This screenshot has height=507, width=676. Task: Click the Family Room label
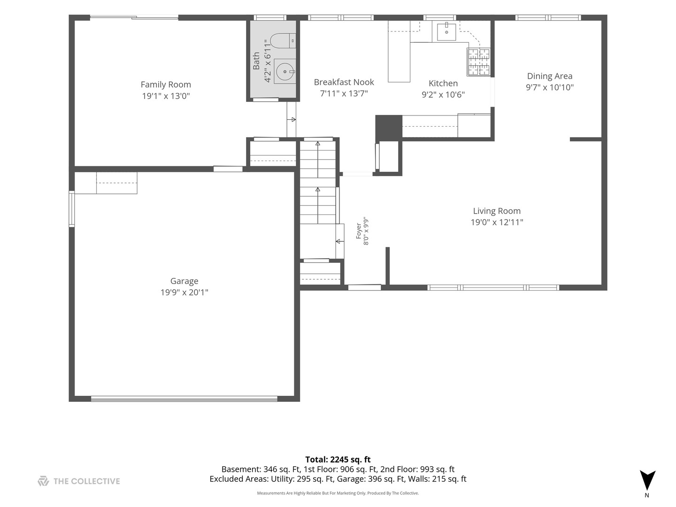(x=166, y=84)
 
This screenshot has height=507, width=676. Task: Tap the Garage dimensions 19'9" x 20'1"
(x=184, y=292)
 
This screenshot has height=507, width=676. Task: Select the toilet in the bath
(x=283, y=41)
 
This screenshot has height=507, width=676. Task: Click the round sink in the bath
(x=285, y=71)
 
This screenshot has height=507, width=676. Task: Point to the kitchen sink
(x=446, y=31)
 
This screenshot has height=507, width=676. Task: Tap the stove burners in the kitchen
(x=478, y=62)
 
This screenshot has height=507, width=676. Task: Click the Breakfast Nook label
(x=344, y=82)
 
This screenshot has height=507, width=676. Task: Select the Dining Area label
(x=549, y=76)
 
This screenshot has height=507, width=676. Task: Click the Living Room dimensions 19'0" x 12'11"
(x=497, y=222)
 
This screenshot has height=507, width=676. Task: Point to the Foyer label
(x=359, y=231)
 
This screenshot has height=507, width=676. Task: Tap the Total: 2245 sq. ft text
(x=338, y=460)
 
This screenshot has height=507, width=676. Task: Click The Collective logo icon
(x=44, y=481)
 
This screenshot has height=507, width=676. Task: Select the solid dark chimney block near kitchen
(x=389, y=126)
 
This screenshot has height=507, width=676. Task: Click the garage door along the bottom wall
(x=184, y=399)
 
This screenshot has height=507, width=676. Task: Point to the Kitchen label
(x=443, y=84)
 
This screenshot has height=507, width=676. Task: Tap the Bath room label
(x=256, y=61)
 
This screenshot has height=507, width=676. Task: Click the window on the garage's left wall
(x=71, y=209)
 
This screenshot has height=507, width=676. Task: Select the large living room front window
(x=493, y=288)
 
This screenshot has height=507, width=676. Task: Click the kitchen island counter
(x=399, y=51)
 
